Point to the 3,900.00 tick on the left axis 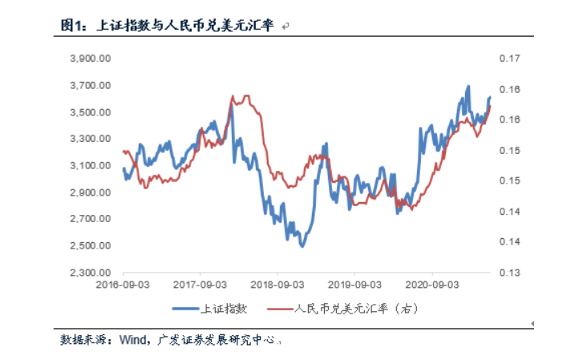pyautogui.click(x=91, y=59)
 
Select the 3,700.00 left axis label pyautogui.click(x=91, y=85)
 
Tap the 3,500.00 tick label pyautogui.click(x=91, y=111)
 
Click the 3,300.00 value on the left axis pyautogui.click(x=91, y=139)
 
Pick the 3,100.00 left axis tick pyautogui.click(x=91, y=165)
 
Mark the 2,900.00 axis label pyautogui.click(x=91, y=192)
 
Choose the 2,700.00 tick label pyautogui.click(x=91, y=219)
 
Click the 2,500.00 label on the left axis pyautogui.click(x=91, y=245)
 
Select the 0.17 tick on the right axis pyautogui.click(x=510, y=59)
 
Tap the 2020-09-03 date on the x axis pyautogui.click(x=434, y=284)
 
